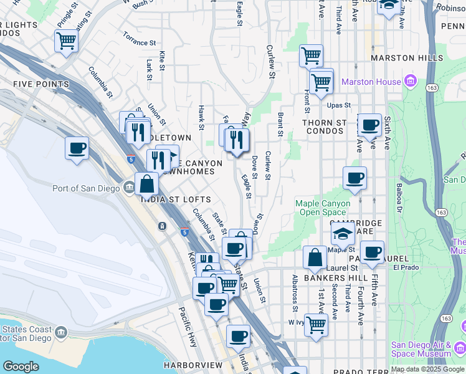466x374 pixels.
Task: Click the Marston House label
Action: (371, 82)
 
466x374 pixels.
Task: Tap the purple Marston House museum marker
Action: (410, 82)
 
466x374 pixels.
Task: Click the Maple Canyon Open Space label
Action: (323, 208)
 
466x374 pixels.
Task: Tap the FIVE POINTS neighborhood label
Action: (40, 84)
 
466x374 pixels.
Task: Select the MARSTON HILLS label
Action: (401, 58)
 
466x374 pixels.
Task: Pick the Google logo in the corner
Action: (21, 367)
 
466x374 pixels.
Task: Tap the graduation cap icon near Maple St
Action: (343, 234)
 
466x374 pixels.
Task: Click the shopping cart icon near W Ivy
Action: (316, 324)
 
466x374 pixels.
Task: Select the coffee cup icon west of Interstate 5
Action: (77, 148)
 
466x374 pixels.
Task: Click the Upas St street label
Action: (340, 105)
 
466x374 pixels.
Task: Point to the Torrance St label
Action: (139, 43)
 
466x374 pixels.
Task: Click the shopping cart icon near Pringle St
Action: (65, 41)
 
